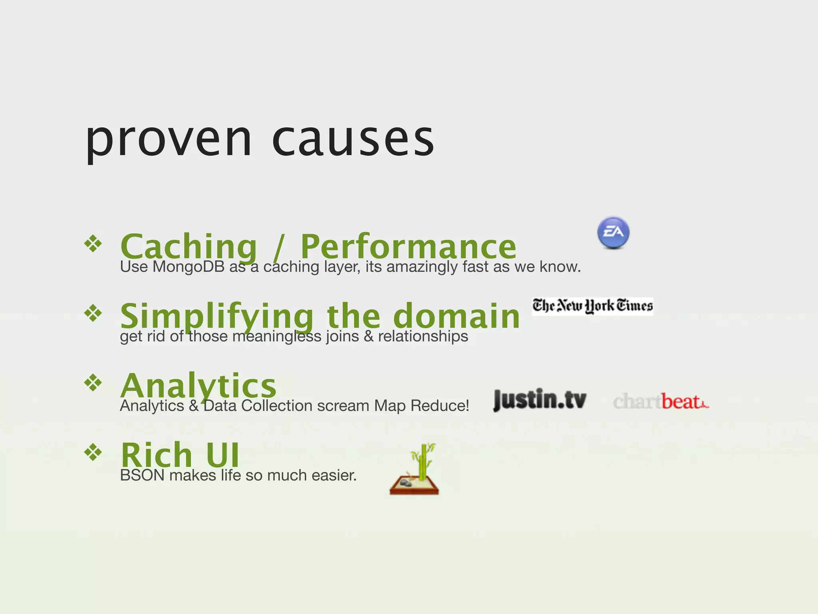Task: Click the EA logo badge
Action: tap(613, 233)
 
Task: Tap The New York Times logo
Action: tap(592, 306)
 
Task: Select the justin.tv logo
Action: tap(540, 399)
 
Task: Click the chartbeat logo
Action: tap(661, 401)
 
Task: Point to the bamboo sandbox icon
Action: tap(415, 470)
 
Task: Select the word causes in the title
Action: tap(353, 140)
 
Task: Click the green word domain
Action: tap(457, 316)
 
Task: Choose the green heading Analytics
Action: tap(198, 385)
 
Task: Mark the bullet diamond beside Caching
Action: tap(93, 243)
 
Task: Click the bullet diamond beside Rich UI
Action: tap(93, 452)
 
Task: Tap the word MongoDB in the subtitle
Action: tap(189, 267)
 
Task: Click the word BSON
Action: tap(142, 476)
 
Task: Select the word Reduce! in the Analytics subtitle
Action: tap(440, 406)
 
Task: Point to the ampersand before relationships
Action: tap(369, 337)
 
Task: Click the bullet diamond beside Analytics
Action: tap(93, 383)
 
